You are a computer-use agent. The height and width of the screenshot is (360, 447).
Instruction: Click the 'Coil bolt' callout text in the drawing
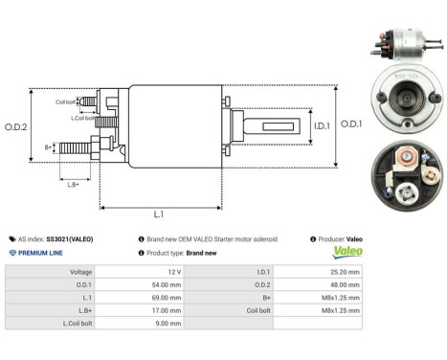point(65,101)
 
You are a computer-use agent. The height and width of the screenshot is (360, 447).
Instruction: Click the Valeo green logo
point(347,252)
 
